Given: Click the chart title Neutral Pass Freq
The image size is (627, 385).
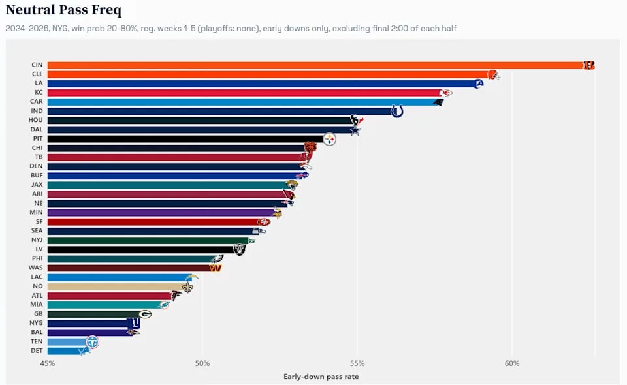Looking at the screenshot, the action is click(x=63, y=10).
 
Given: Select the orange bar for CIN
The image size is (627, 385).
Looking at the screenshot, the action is click(x=321, y=65).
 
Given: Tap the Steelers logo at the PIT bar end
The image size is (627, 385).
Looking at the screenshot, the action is click(x=329, y=139).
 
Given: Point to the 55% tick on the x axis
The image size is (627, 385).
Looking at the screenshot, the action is click(x=357, y=363).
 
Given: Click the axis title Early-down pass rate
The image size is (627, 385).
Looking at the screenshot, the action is click(x=321, y=377).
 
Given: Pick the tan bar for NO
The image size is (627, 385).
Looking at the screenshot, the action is click(x=119, y=286).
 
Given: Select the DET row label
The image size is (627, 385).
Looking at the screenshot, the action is click(x=37, y=350).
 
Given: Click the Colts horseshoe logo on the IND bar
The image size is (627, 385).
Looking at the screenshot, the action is click(x=396, y=111).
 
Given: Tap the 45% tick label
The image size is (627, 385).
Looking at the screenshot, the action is click(x=48, y=363).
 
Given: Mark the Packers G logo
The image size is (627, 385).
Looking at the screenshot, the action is click(x=145, y=315).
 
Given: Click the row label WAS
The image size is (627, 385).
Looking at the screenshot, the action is click(x=35, y=268).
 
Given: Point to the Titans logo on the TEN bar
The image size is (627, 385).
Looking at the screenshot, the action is click(x=92, y=342).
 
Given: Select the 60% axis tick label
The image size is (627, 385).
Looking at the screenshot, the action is click(x=512, y=363).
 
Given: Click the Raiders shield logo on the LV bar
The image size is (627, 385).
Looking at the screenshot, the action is click(x=239, y=249).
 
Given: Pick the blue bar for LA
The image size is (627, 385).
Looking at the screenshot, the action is click(x=263, y=84).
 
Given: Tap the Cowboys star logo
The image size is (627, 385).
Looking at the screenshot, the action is click(x=355, y=131).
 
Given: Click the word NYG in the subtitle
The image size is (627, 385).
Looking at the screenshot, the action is click(x=59, y=29).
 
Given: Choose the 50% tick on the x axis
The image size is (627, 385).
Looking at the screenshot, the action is click(x=202, y=363).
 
